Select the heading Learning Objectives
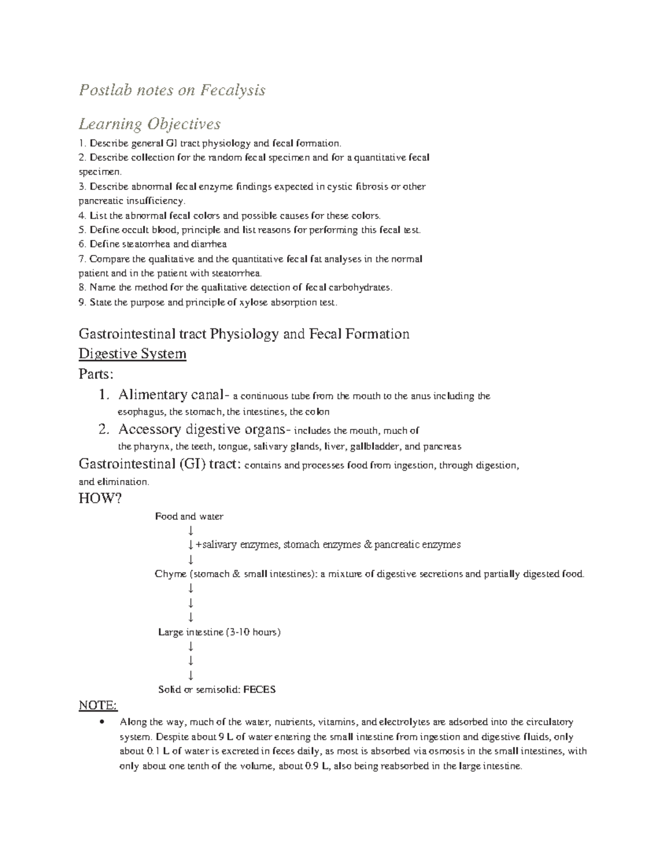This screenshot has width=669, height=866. point(150,124)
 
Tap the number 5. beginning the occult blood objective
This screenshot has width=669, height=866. point(83,230)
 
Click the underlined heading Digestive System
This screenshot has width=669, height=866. point(133,354)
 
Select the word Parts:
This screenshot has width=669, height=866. point(96,374)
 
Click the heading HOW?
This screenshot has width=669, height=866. point(100,499)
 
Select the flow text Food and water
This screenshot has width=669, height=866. point(189,516)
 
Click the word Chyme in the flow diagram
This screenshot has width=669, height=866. point(171,574)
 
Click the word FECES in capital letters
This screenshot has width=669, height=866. point(259,690)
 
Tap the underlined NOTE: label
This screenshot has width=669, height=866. point(98,705)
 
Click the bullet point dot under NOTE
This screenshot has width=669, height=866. point(101,722)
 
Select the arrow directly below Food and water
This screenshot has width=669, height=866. point(191,530)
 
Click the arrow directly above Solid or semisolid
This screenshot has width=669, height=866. point(191,675)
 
